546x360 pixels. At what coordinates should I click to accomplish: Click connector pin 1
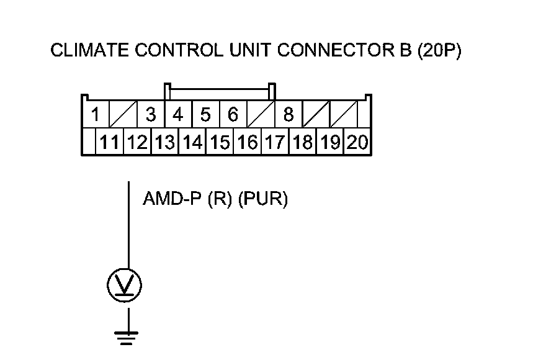coord(96,114)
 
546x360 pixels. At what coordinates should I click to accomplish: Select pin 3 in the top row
coord(151,114)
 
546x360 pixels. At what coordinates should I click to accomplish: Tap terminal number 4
coord(178,114)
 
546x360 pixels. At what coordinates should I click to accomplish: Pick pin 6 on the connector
coord(233,114)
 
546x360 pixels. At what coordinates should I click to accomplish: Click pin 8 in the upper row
coord(289,114)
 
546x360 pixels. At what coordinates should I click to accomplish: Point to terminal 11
coord(110,142)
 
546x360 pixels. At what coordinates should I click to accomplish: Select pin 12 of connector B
coord(137,142)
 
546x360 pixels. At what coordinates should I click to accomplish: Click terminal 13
coord(164,142)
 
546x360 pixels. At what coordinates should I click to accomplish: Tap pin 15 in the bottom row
coord(220,142)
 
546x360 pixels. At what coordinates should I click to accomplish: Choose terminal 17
coord(275,142)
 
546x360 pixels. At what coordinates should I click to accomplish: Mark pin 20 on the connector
coord(357,142)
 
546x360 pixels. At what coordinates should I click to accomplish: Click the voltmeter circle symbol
coord(124,285)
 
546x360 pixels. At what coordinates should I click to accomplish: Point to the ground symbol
coord(126,338)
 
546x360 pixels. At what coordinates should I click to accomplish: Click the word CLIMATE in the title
coord(89,50)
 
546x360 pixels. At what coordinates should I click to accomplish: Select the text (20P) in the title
coord(439,50)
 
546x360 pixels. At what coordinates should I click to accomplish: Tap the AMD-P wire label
coord(172,199)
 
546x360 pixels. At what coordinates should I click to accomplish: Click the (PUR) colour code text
coord(263,199)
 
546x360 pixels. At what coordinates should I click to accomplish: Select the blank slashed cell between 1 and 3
coord(123,114)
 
